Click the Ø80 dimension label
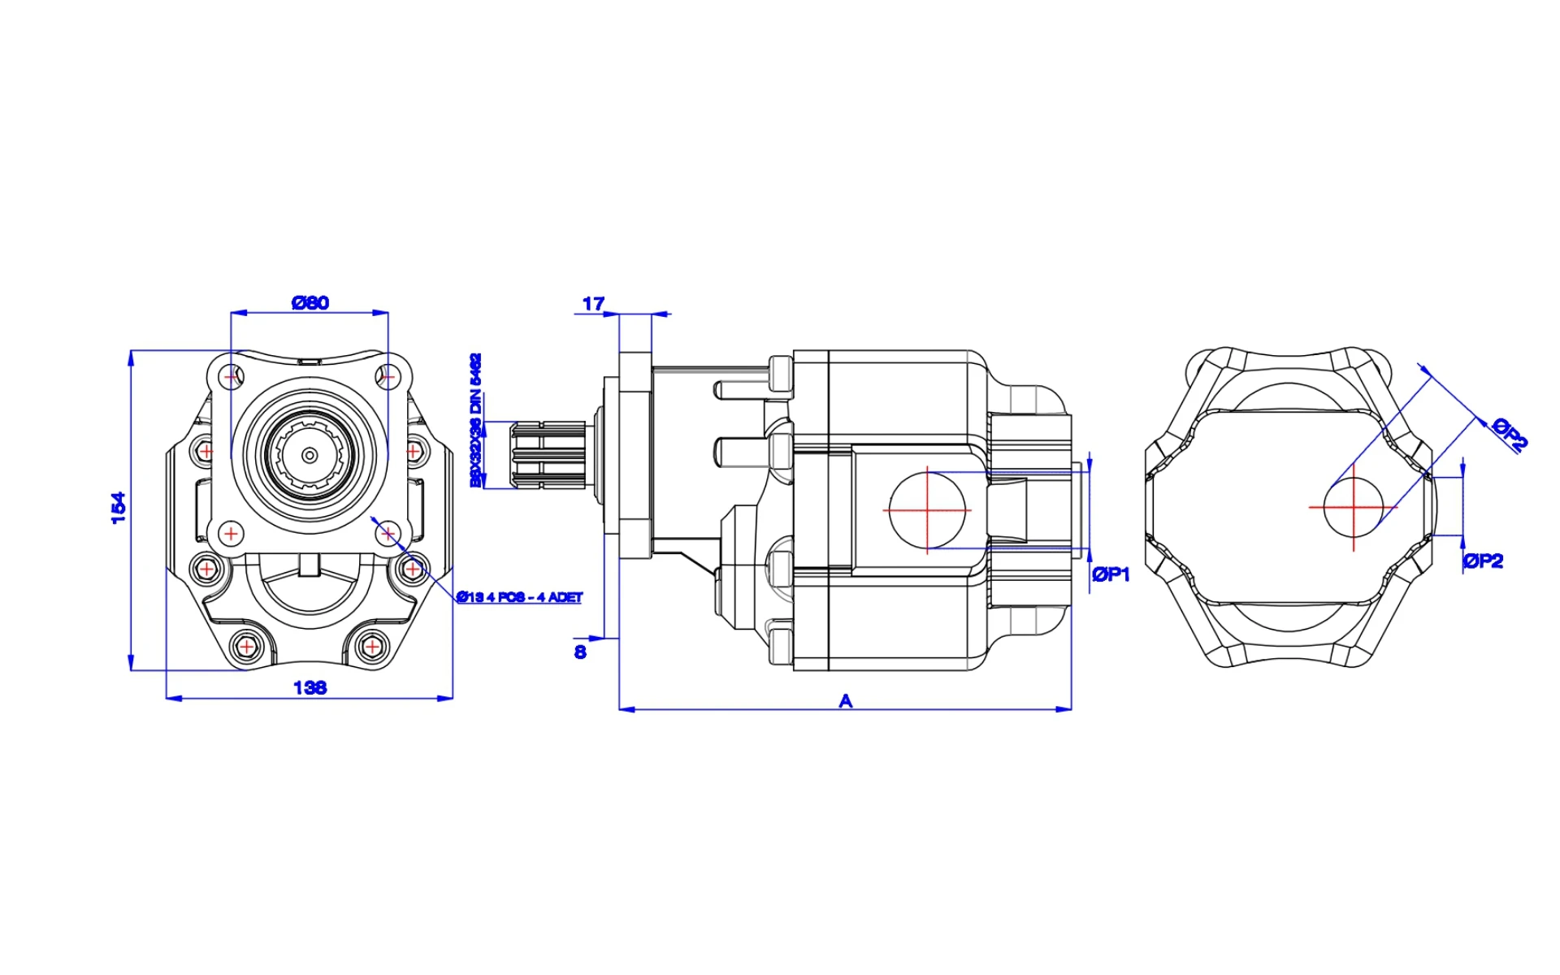point(310,303)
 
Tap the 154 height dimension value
point(119,508)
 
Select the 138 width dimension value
point(310,688)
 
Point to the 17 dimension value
point(594,304)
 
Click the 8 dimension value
point(580,652)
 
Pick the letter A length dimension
point(846,700)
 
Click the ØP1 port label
point(1111,574)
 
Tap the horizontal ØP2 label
point(1483,561)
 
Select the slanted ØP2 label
point(1510,433)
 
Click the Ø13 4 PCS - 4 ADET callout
point(519,597)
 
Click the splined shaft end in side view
point(548,454)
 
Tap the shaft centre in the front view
point(310,455)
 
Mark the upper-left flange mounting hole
point(232,377)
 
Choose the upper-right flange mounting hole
point(388,377)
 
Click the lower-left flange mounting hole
point(232,534)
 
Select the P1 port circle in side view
point(927,510)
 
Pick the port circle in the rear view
point(1354,507)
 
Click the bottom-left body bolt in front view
point(245,647)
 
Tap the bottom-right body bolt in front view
point(371,647)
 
